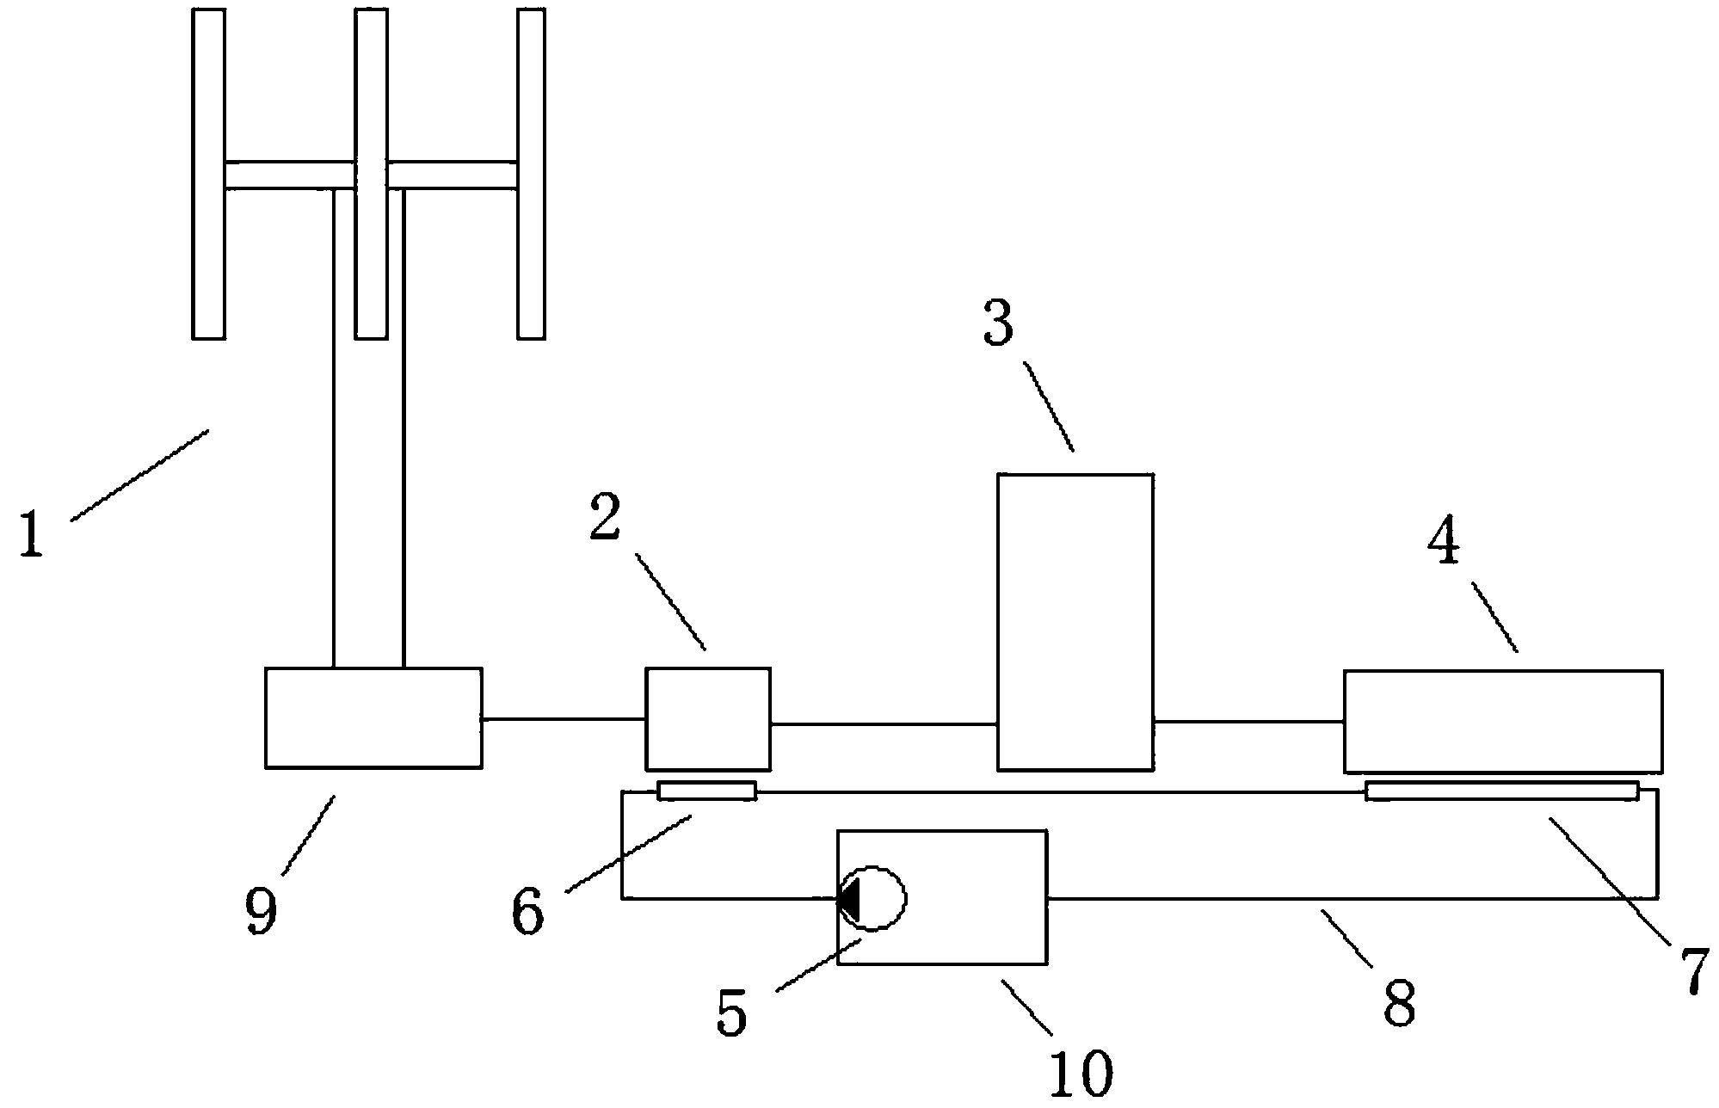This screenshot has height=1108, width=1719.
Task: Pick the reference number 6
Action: coord(527,913)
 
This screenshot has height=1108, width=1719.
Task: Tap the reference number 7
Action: coord(1691,973)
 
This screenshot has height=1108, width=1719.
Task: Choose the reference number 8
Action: coord(1399,1002)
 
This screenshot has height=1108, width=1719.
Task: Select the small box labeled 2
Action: coord(708,718)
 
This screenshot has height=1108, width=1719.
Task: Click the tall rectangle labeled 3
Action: coord(1075,621)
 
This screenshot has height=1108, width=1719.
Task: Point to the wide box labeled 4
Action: coord(1502,721)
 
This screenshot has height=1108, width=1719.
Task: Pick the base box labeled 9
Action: coord(373,717)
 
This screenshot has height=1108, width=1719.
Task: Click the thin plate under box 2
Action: coord(706,791)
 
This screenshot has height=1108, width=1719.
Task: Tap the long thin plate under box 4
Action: coord(1501,791)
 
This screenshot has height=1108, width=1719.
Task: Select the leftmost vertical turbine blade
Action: coord(208,174)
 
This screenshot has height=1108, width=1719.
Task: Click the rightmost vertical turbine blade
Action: coord(531,174)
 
